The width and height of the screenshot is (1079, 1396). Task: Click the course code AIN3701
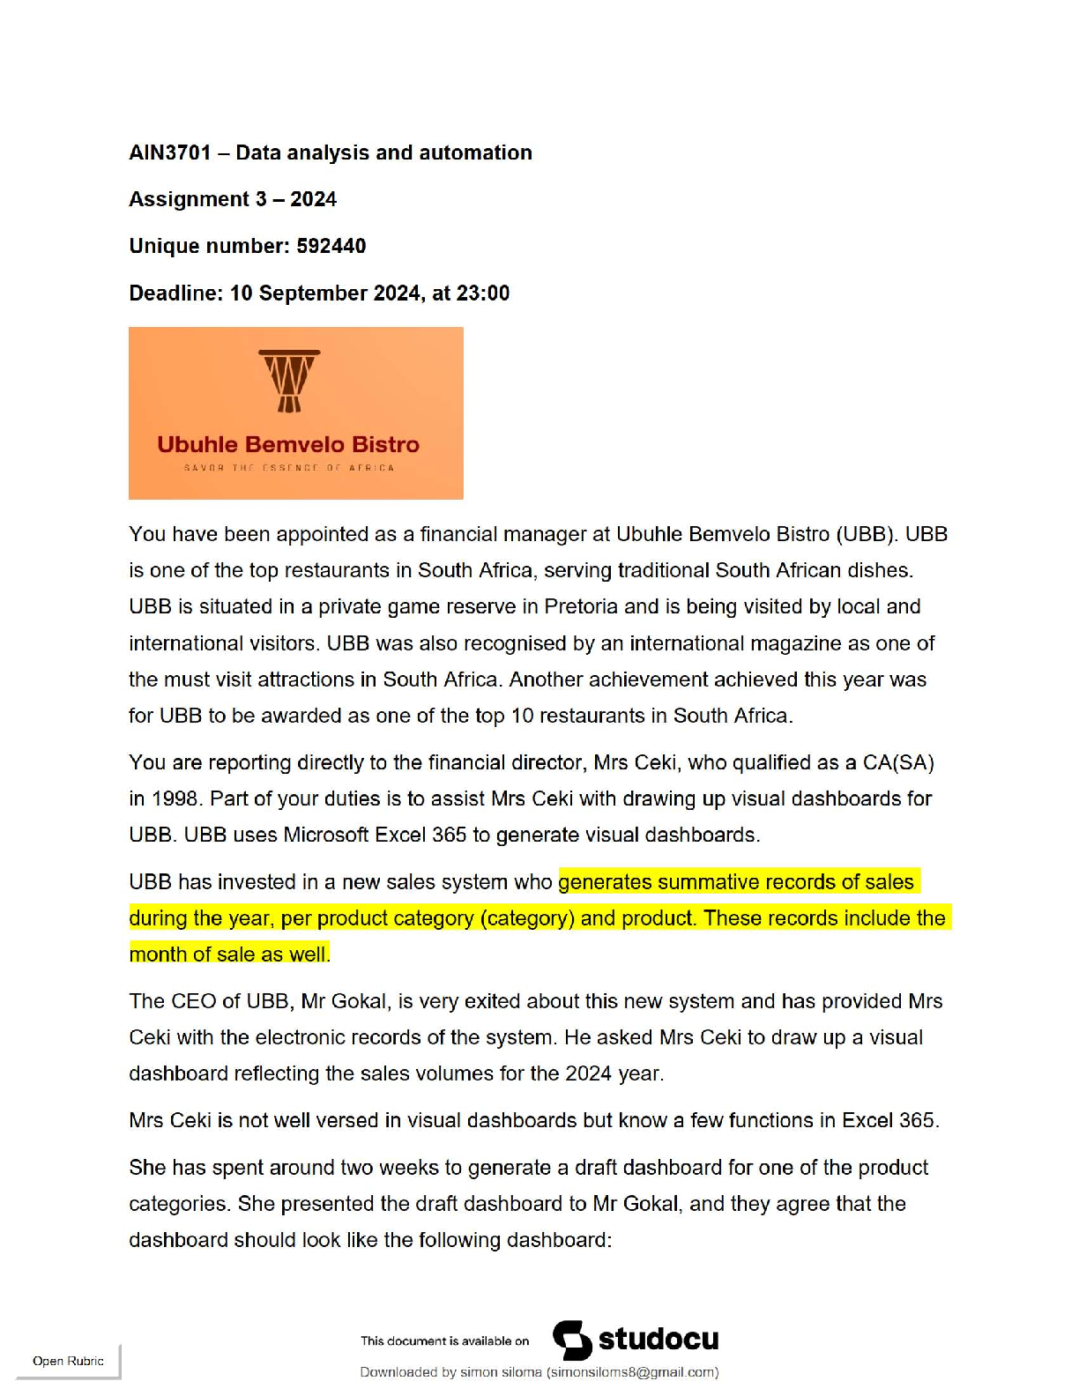(x=170, y=152)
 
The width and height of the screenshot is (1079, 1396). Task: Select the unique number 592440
(x=331, y=246)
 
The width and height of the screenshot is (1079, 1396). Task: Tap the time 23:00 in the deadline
(x=483, y=293)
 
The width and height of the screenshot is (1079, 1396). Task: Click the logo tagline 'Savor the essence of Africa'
(x=289, y=468)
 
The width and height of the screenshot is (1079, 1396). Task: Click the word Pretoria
(x=582, y=607)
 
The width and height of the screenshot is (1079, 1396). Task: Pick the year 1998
(x=175, y=799)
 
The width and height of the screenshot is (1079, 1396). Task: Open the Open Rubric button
(x=68, y=1361)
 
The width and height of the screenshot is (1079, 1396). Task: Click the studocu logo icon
(x=572, y=1340)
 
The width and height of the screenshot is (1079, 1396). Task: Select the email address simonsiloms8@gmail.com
(x=632, y=1372)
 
